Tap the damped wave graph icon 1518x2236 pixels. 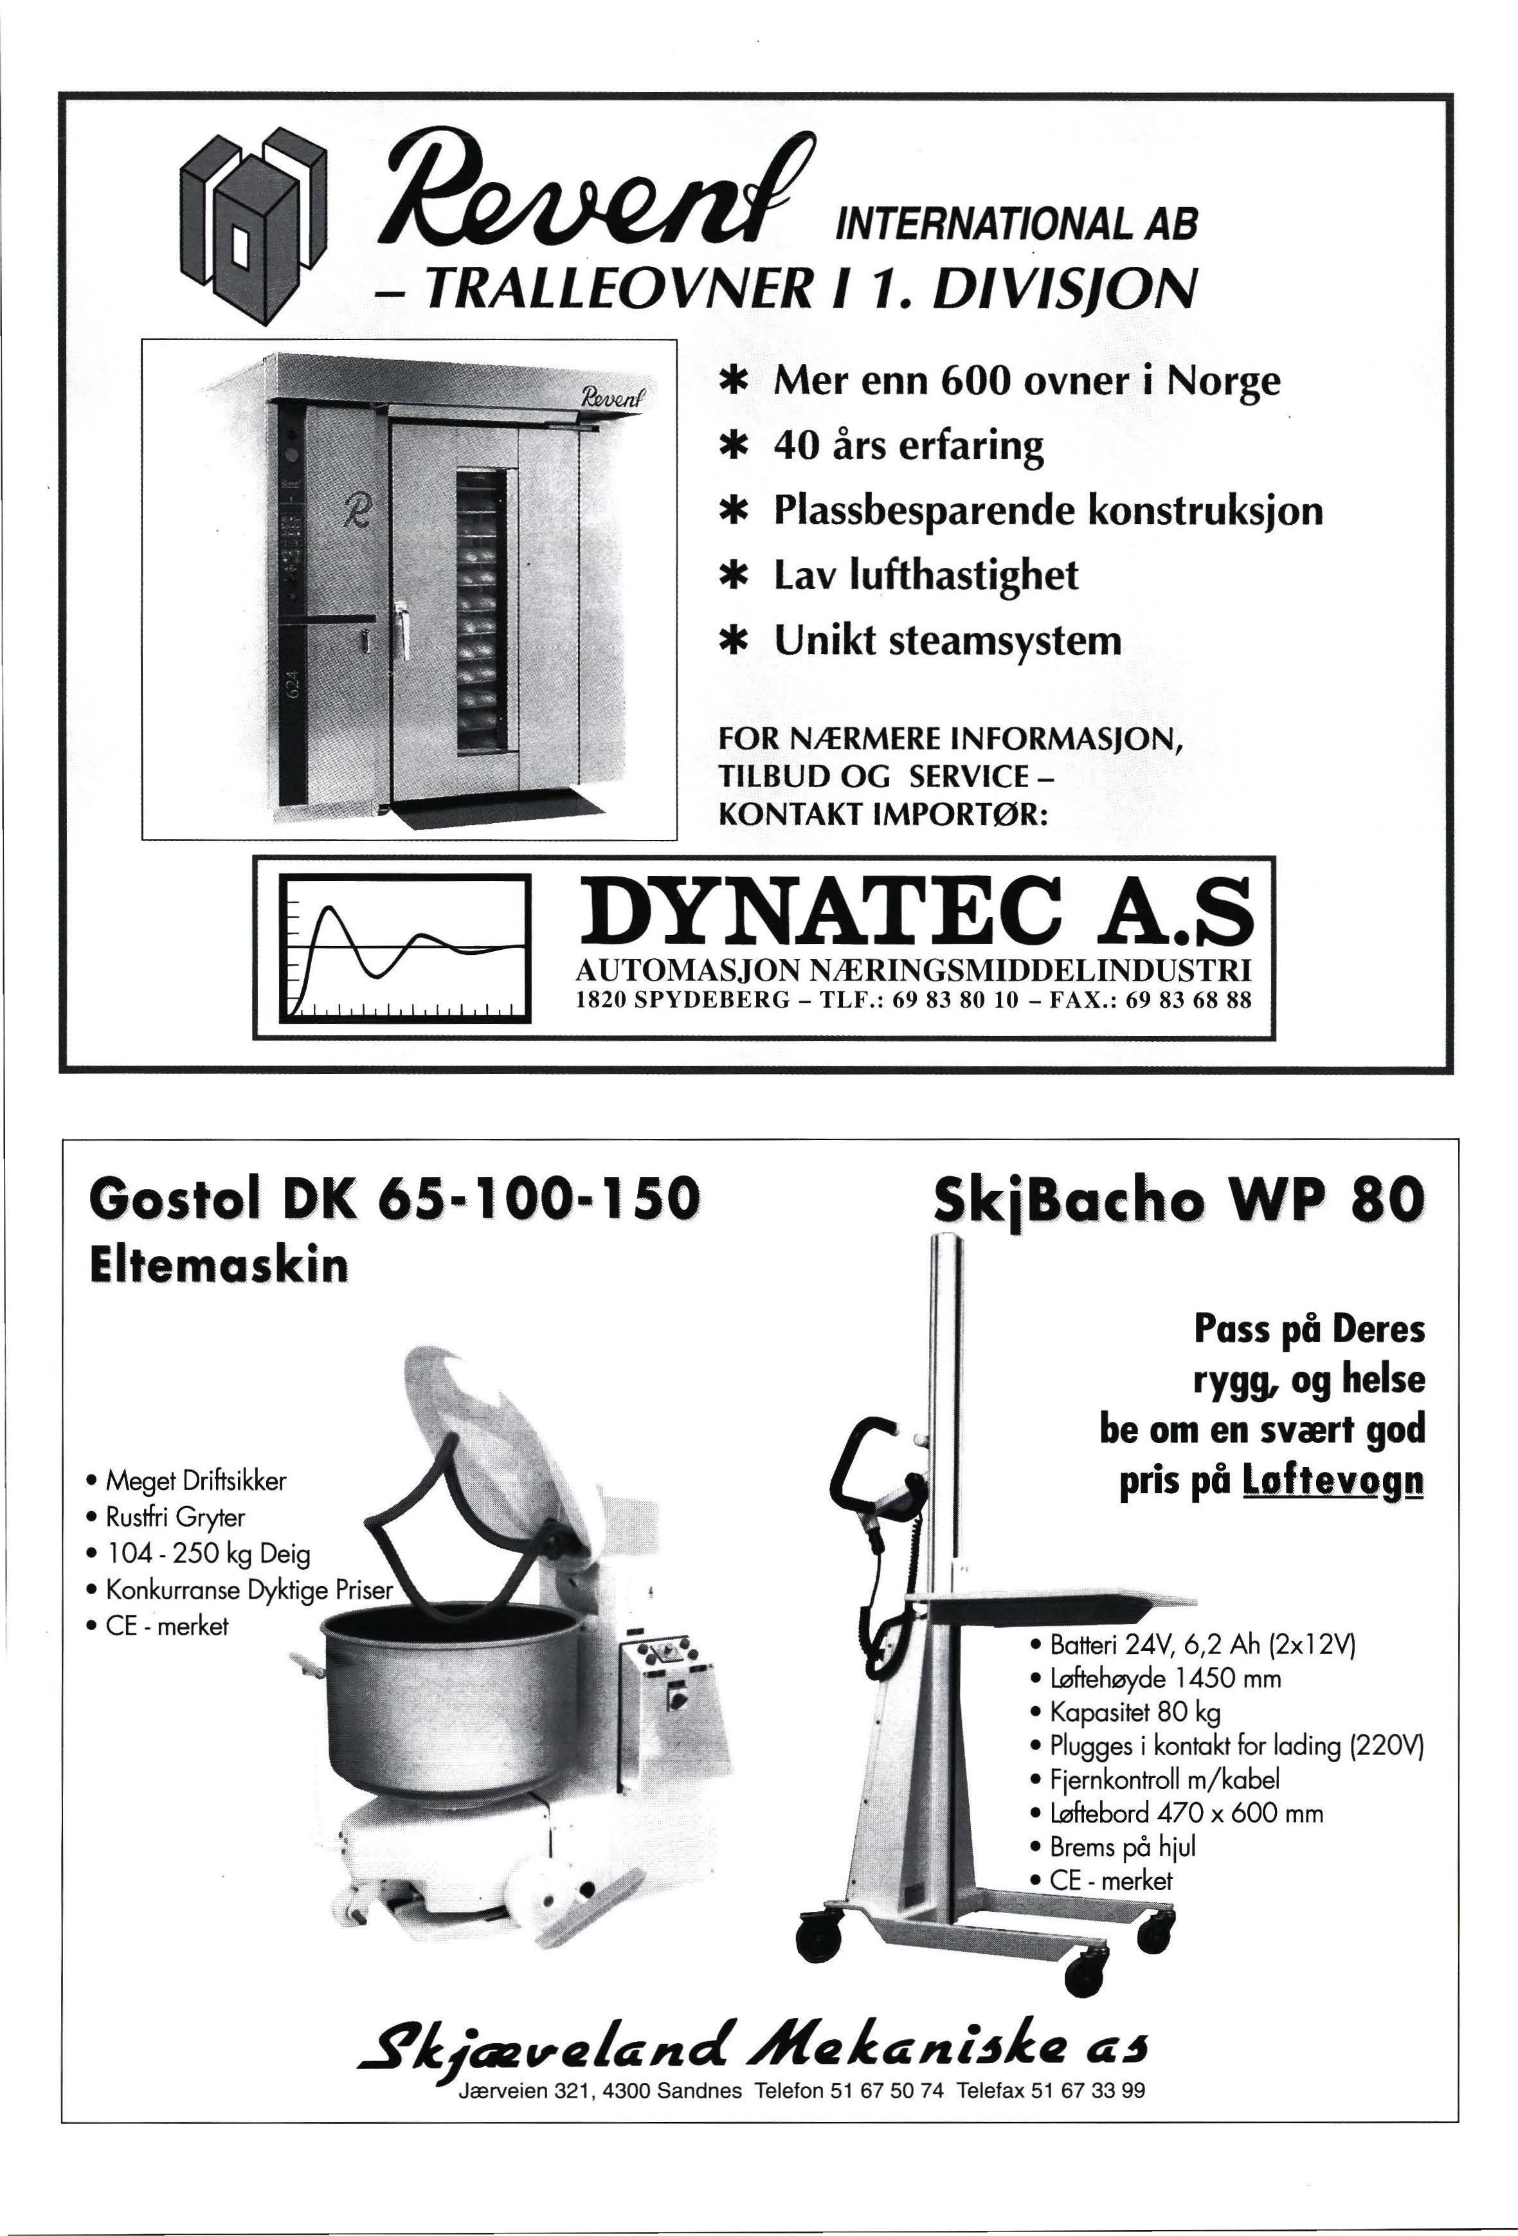click(x=405, y=947)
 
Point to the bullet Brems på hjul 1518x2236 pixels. click(x=1122, y=1846)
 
